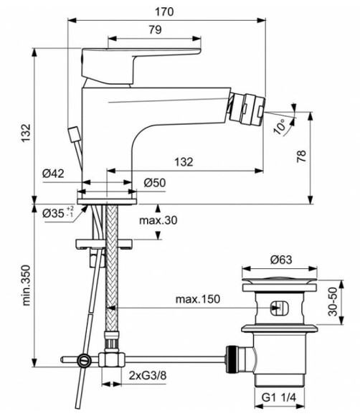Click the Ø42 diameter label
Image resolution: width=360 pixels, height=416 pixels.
[x=53, y=173]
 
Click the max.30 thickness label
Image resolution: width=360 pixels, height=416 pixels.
[x=158, y=219]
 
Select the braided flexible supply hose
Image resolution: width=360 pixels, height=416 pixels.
[x=112, y=273]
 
